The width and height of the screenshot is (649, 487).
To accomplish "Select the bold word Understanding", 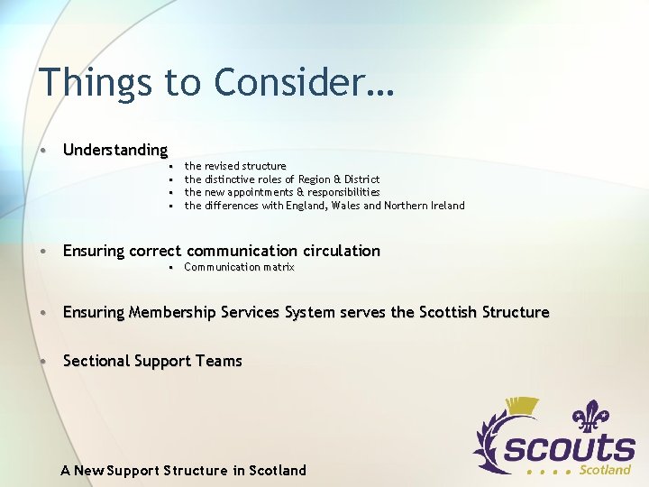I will click(115, 150).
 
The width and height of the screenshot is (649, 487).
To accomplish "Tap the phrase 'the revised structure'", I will click(235, 166).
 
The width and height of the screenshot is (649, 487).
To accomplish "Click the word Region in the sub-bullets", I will click(315, 179).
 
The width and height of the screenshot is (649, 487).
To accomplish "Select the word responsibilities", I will click(344, 192).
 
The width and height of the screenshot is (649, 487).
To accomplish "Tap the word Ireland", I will click(444, 206).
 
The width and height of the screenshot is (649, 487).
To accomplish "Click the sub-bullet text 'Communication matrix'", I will click(239, 267).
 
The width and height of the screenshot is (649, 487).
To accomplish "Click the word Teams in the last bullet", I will click(219, 361).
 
